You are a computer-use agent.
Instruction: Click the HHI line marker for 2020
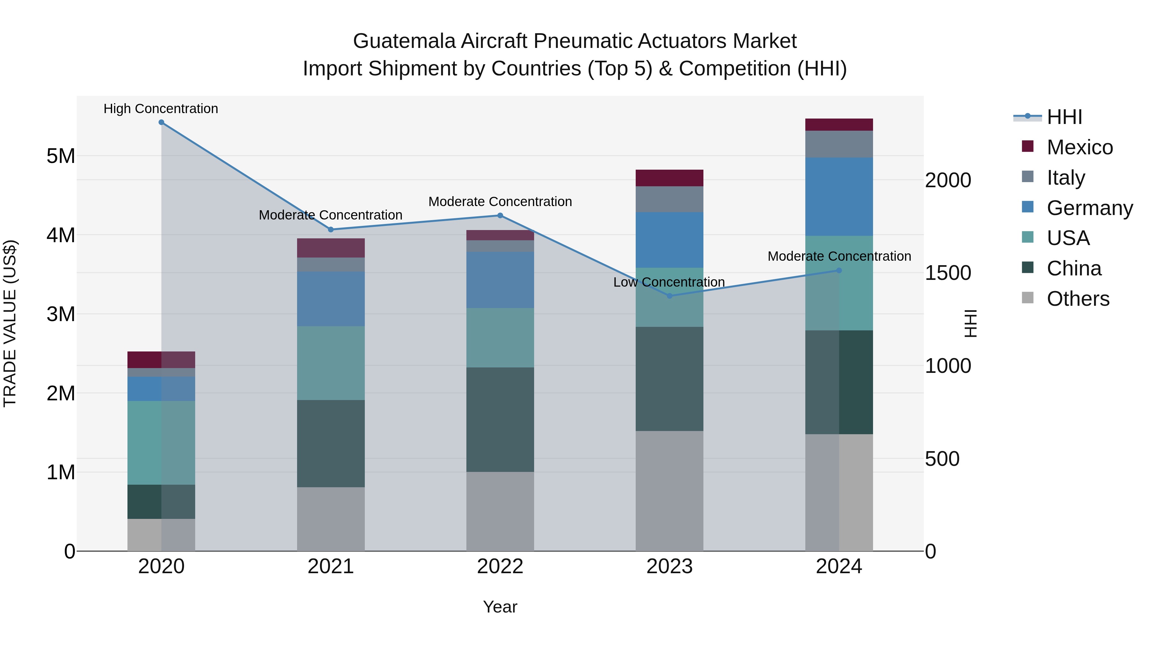pos(161,122)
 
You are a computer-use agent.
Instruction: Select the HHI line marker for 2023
pos(669,296)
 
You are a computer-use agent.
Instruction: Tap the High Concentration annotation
pos(161,109)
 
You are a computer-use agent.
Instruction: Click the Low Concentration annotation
pos(669,282)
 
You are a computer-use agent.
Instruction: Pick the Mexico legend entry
pos(1079,147)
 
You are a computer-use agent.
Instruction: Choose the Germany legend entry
pos(1089,208)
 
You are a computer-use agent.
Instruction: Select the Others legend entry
pos(1078,299)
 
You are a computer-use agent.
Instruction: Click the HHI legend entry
pos(1064,117)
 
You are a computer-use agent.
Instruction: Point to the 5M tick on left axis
pos(61,156)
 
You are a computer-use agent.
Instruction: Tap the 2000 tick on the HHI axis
pos(948,181)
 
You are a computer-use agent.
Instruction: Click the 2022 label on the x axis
pos(500,566)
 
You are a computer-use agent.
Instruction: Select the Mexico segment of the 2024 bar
pos(839,125)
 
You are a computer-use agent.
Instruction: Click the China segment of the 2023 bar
pos(669,379)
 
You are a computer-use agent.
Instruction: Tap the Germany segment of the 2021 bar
pos(331,299)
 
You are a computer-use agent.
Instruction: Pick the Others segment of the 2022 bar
pos(500,511)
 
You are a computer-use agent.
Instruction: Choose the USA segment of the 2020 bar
pos(161,443)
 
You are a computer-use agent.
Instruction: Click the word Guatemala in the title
pos(404,41)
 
